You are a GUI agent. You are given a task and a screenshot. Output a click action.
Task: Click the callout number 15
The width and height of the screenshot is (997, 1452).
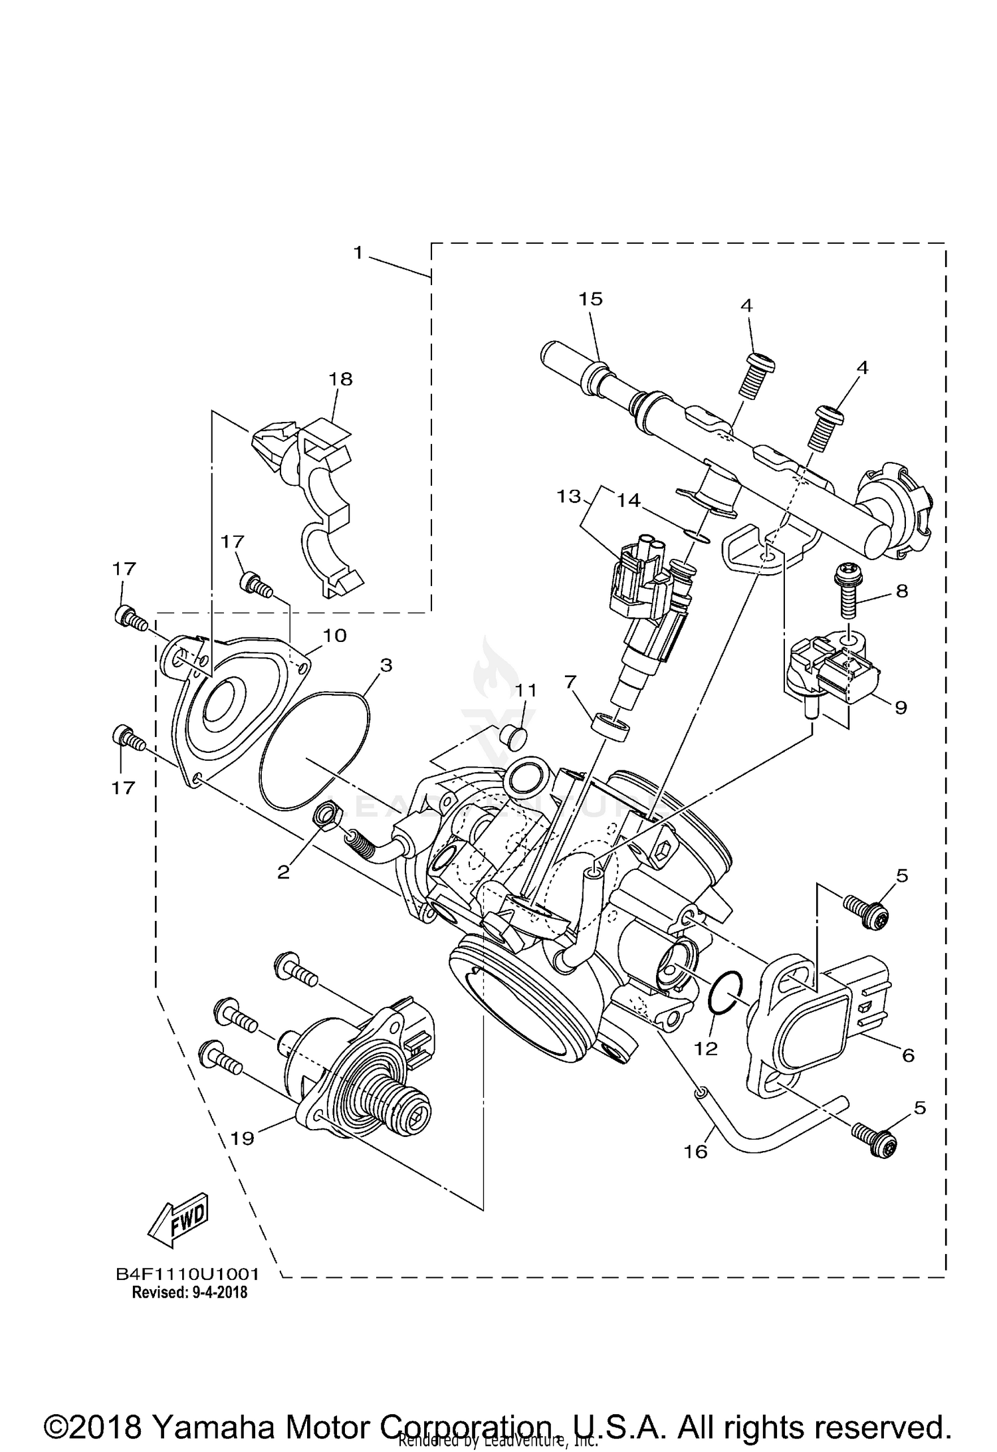[x=590, y=299]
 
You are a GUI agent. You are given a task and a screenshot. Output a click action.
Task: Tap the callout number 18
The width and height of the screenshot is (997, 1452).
[x=340, y=379]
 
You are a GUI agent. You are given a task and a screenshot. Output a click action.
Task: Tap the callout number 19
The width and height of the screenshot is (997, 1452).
[x=243, y=1139]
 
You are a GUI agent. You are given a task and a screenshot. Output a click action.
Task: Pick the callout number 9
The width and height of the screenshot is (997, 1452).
[x=901, y=708]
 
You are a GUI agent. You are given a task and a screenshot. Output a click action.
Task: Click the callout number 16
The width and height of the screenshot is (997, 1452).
[x=696, y=1151]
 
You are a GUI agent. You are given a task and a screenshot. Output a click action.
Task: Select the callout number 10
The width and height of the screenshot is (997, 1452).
[x=335, y=635]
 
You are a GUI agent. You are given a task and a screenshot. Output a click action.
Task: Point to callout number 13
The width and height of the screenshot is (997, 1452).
[x=569, y=496]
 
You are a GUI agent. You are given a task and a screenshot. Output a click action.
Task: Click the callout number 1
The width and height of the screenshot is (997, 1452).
[x=358, y=253]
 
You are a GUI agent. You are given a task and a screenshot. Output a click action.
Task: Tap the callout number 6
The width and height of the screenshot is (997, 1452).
[x=908, y=1055]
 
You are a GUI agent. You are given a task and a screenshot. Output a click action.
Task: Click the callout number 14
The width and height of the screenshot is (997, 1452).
[x=628, y=500]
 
